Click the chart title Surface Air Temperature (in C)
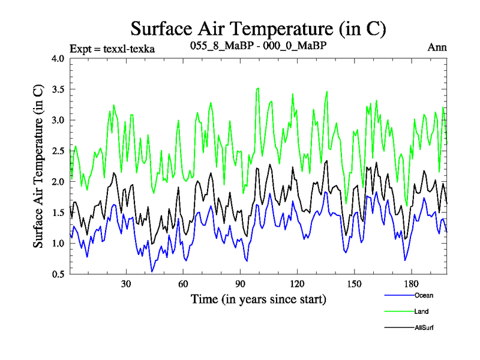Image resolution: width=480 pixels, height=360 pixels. click(258, 28)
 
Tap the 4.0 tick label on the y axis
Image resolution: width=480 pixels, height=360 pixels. click(58, 59)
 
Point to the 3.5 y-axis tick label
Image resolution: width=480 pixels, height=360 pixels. click(58, 89)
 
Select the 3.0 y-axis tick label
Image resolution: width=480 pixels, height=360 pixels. click(58, 120)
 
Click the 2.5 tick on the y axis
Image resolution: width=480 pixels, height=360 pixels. click(58, 151)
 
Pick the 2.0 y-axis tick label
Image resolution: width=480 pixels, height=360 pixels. click(58, 182)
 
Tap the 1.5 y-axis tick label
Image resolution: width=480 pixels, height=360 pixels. click(58, 212)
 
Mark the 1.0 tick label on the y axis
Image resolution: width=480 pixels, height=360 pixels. click(58, 243)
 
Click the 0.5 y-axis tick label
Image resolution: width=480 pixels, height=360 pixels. click(58, 274)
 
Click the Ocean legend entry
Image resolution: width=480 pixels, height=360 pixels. click(423, 295)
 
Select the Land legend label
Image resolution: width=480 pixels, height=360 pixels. click(421, 311)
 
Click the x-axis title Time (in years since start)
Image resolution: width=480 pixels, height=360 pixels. click(258, 299)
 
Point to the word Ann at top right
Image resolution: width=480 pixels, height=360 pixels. click(437, 48)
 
